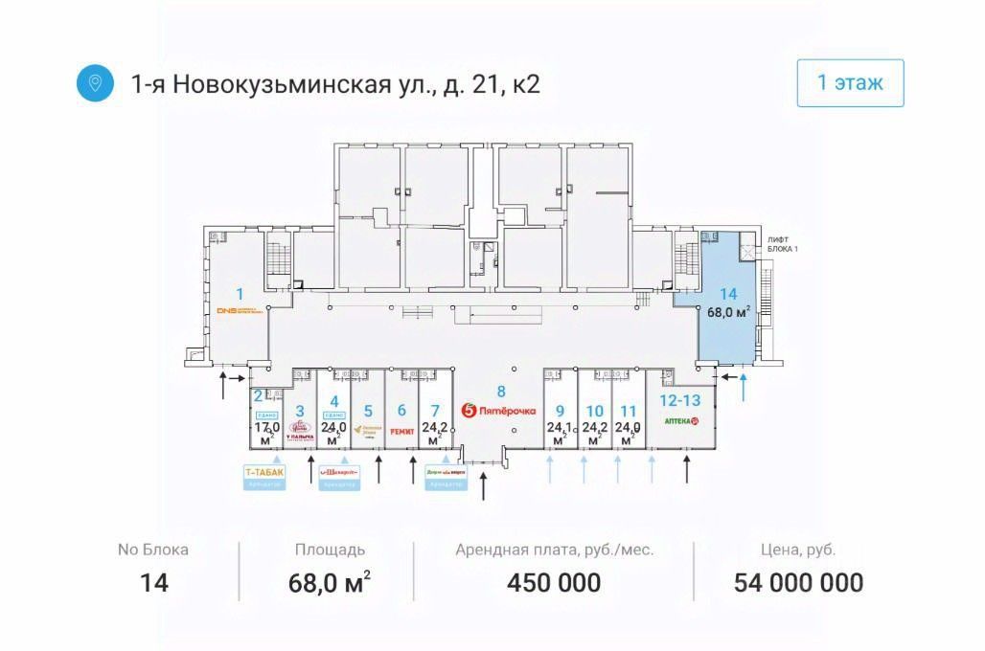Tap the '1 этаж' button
(850, 82)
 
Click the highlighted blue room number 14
(728, 294)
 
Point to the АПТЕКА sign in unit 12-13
(683, 421)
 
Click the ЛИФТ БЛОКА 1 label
(782, 243)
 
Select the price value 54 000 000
(798, 582)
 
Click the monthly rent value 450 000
(555, 582)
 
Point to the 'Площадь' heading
(329, 550)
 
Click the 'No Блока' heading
(153, 550)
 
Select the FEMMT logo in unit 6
(401, 432)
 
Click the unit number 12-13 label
(680, 401)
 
